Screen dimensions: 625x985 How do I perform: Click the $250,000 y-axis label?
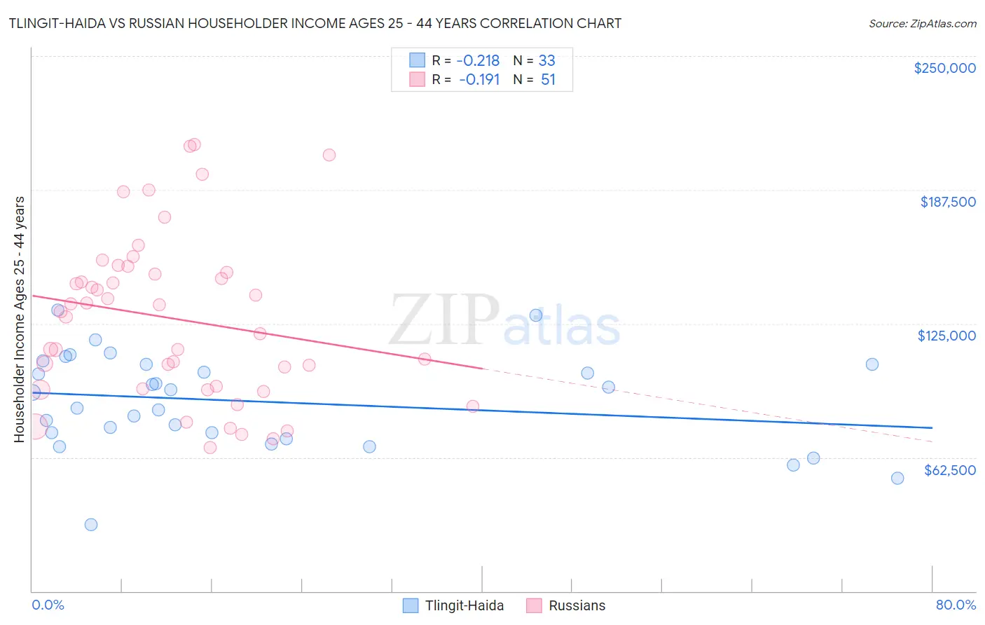944,68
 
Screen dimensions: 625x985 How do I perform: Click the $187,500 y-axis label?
947,202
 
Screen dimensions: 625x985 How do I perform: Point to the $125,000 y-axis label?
946,336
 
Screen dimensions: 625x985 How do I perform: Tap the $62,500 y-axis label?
949,470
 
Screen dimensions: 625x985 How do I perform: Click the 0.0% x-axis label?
48,605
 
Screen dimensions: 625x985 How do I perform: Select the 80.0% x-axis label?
956,605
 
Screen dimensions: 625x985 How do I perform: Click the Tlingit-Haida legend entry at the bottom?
464,605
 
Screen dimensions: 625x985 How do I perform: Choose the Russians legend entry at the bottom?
577,605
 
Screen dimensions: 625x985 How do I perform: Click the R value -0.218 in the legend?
478,60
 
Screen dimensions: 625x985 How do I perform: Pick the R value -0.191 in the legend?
479,80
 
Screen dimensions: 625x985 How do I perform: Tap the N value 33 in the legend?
547,60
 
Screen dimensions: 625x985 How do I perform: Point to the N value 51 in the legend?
548,80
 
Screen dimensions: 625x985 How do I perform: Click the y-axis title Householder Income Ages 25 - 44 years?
19,319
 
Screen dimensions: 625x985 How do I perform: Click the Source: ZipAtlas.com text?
922,24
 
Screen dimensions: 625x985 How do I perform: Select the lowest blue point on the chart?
91,525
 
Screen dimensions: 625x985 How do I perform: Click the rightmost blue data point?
897,479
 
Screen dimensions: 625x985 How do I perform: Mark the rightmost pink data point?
473,406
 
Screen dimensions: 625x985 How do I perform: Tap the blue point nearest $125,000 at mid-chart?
536,315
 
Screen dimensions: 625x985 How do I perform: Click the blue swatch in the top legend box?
417,60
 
